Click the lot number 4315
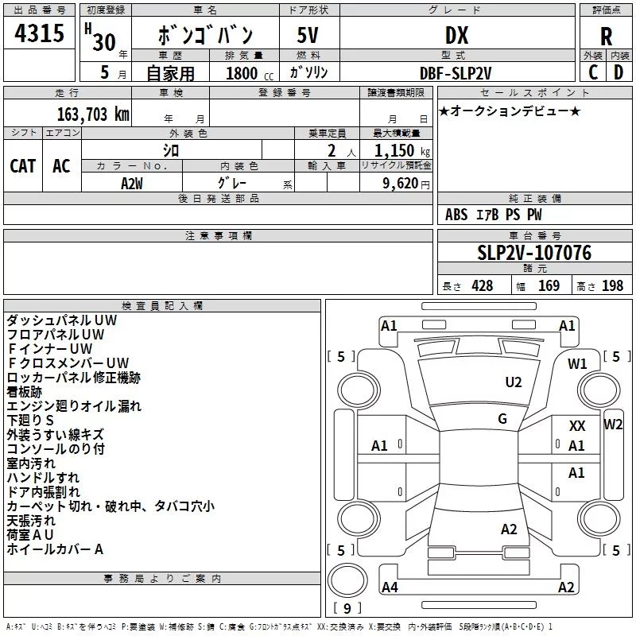click(x=39, y=33)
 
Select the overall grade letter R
click(x=606, y=37)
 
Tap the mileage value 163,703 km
click(x=93, y=114)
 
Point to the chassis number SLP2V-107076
click(x=534, y=253)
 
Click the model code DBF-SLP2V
click(x=456, y=73)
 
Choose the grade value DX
click(x=456, y=35)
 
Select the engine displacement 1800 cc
click(x=250, y=73)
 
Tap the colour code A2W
click(x=132, y=184)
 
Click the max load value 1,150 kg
click(x=402, y=151)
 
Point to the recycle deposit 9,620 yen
click(x=406, y=184)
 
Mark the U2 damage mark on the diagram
click(x=513, y=382)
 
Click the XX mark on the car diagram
click(x=577, y=426)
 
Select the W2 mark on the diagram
click(x=613, y=425)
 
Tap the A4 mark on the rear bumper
click(x=390, y=587)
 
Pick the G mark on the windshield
click(x=502, y=418)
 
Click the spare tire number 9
click(x=347, y=608)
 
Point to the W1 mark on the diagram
click(x=577, y=364)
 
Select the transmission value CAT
click(x=23, y=166)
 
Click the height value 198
click(x=612, y=286)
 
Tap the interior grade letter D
click(x=619, y=72)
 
